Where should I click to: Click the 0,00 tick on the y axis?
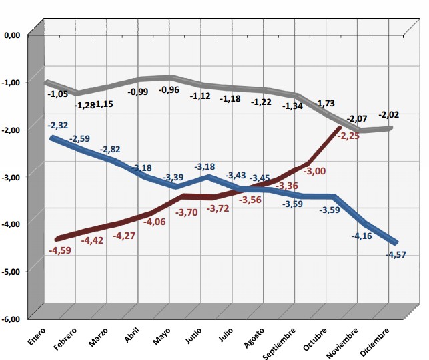13,35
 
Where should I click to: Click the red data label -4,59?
61,250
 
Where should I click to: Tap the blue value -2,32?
58,125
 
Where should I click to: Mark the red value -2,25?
350,136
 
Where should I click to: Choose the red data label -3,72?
218,210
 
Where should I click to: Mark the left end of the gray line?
46,82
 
